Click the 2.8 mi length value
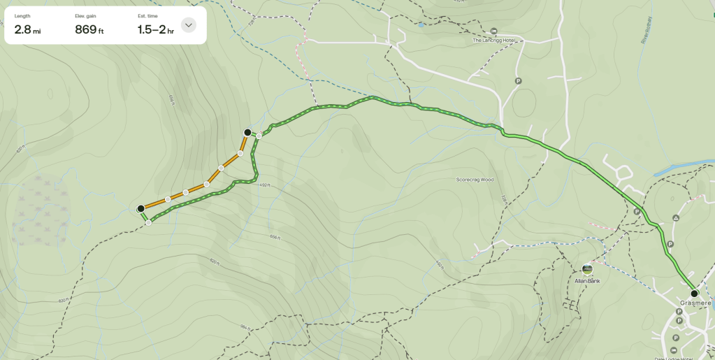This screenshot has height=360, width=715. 27,29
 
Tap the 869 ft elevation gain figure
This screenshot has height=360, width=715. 89,29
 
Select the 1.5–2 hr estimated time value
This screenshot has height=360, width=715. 155,29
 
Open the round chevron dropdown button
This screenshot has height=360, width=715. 188,25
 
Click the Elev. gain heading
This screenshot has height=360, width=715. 85,15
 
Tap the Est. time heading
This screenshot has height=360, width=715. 147,15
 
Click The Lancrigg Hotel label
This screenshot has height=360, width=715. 493,41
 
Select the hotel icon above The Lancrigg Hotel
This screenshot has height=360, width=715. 494,31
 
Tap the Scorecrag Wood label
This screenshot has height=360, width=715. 475,180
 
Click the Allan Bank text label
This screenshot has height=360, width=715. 588,280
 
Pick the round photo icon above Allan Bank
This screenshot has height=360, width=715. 587,268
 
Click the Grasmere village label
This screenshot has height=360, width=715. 695,303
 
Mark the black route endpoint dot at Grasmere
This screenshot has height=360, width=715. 694,294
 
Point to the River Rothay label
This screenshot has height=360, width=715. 646,31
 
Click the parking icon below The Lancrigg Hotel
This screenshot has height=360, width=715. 518,81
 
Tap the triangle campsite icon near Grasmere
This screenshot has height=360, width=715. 676,219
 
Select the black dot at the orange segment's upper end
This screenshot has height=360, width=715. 247,132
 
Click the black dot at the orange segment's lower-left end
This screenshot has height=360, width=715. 140,208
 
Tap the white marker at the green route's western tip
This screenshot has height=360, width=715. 149,223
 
